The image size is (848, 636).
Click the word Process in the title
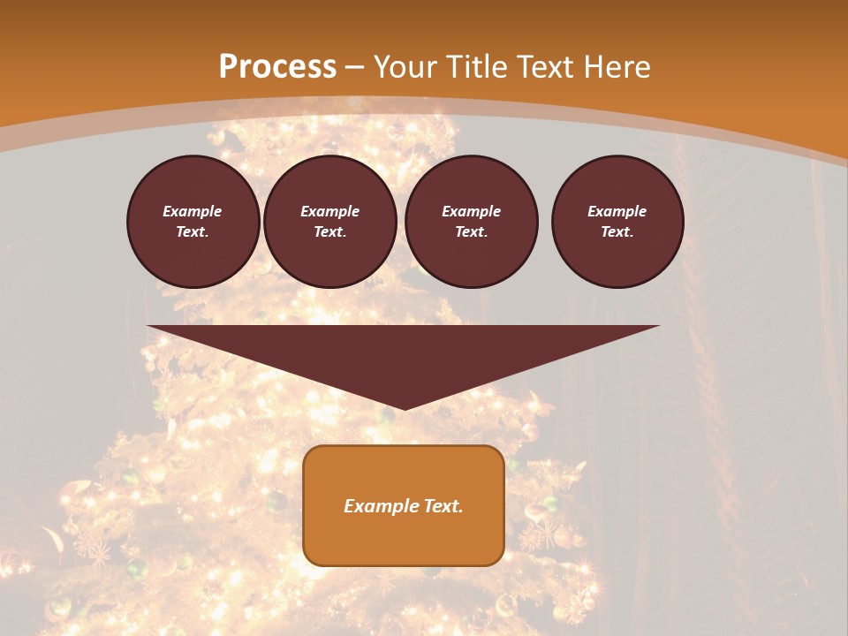tap(277, 67)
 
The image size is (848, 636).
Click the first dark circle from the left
tap(193, 222)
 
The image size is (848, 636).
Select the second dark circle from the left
tap(330, 222)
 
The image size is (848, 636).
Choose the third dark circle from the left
tap(472, 222)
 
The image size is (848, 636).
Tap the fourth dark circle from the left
tap(617, 222)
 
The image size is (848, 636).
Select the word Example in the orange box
tap(379, 506)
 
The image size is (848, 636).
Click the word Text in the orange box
tap(441, 506)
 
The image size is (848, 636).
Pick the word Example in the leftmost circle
tap(193, 211)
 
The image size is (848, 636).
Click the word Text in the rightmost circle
tap(617, 232)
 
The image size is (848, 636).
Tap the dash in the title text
tap(355, 67)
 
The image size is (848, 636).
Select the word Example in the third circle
tap(471, 211)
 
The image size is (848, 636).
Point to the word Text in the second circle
tap(329, 232)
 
